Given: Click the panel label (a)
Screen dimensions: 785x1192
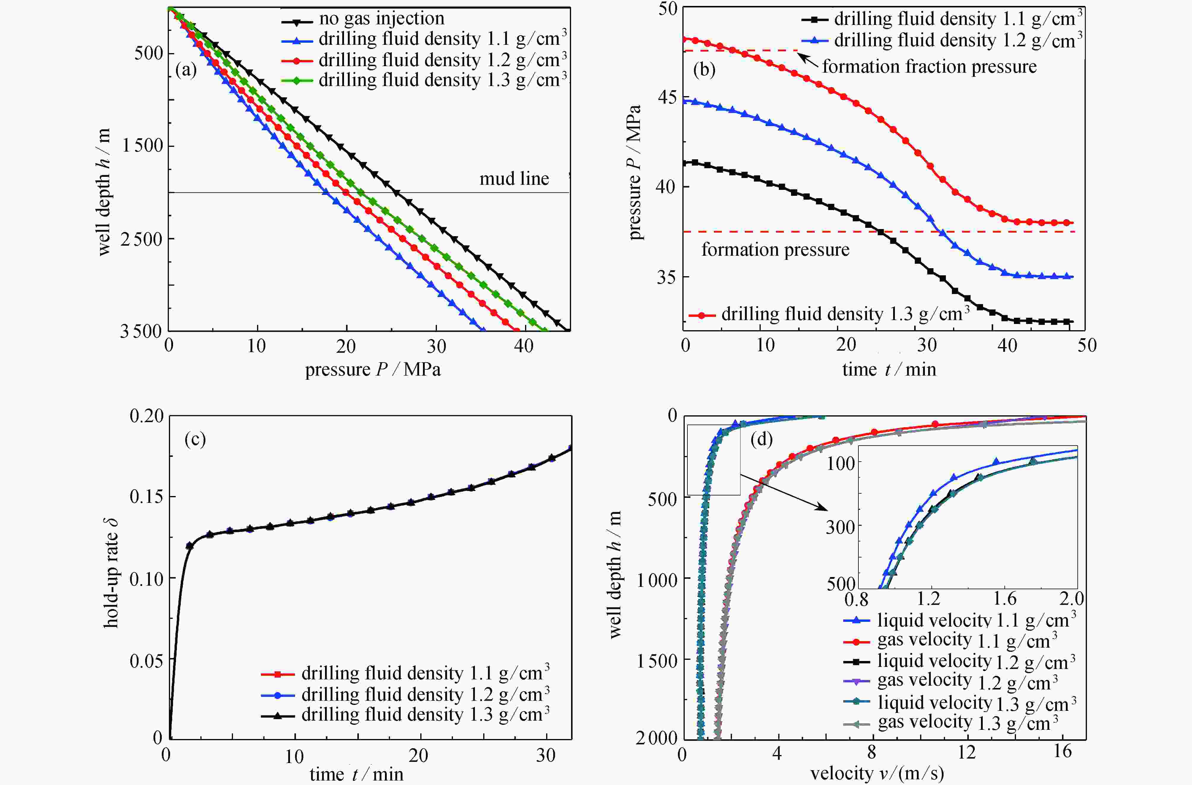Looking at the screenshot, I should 186,70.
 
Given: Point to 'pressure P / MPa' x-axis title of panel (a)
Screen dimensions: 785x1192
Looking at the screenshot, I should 373,369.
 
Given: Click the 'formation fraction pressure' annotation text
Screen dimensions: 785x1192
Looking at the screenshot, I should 929,66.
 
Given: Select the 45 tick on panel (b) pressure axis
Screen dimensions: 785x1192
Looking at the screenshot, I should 666,97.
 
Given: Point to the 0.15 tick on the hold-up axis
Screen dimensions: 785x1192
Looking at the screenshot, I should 146,497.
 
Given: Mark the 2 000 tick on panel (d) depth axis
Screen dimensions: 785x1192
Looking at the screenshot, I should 656,738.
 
